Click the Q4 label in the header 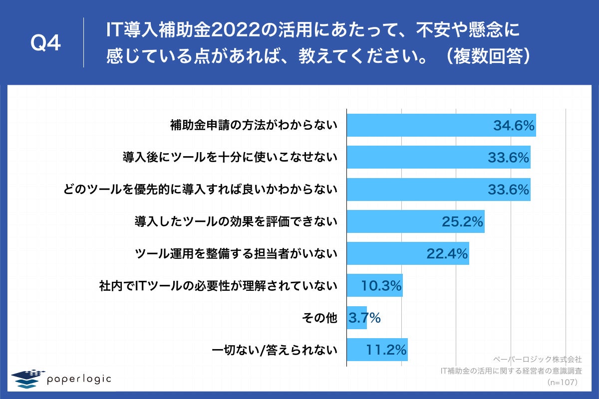45,44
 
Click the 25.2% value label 462,222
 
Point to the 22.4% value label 447,254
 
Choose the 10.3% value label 381,286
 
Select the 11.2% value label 386,350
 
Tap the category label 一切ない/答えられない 275,350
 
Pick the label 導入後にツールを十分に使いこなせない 230,158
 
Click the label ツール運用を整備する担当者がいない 237,254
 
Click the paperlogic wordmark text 79,379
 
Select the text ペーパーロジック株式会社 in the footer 537,359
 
